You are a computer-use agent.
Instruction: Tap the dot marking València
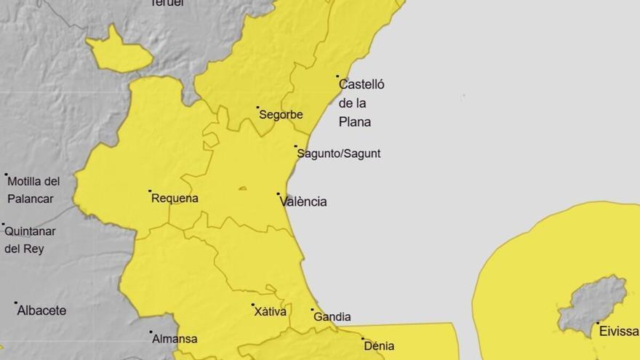279,194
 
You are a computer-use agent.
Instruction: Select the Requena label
175,198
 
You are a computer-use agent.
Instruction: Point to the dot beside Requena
150,191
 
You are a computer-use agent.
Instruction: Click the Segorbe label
281,114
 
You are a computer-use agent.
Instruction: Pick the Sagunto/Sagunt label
339,153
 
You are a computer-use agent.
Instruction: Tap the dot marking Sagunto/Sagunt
296,147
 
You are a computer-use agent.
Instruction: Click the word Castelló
361,84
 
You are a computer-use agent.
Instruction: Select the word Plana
355,121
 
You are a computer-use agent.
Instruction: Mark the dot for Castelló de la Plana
337,76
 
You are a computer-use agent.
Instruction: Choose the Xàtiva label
270,311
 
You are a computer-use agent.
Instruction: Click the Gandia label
332,316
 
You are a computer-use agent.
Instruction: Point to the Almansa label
175,339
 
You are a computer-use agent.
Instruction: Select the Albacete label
41,311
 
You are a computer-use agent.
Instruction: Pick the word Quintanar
30,231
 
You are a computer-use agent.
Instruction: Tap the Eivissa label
619,331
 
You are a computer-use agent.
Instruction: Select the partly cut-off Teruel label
167,3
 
